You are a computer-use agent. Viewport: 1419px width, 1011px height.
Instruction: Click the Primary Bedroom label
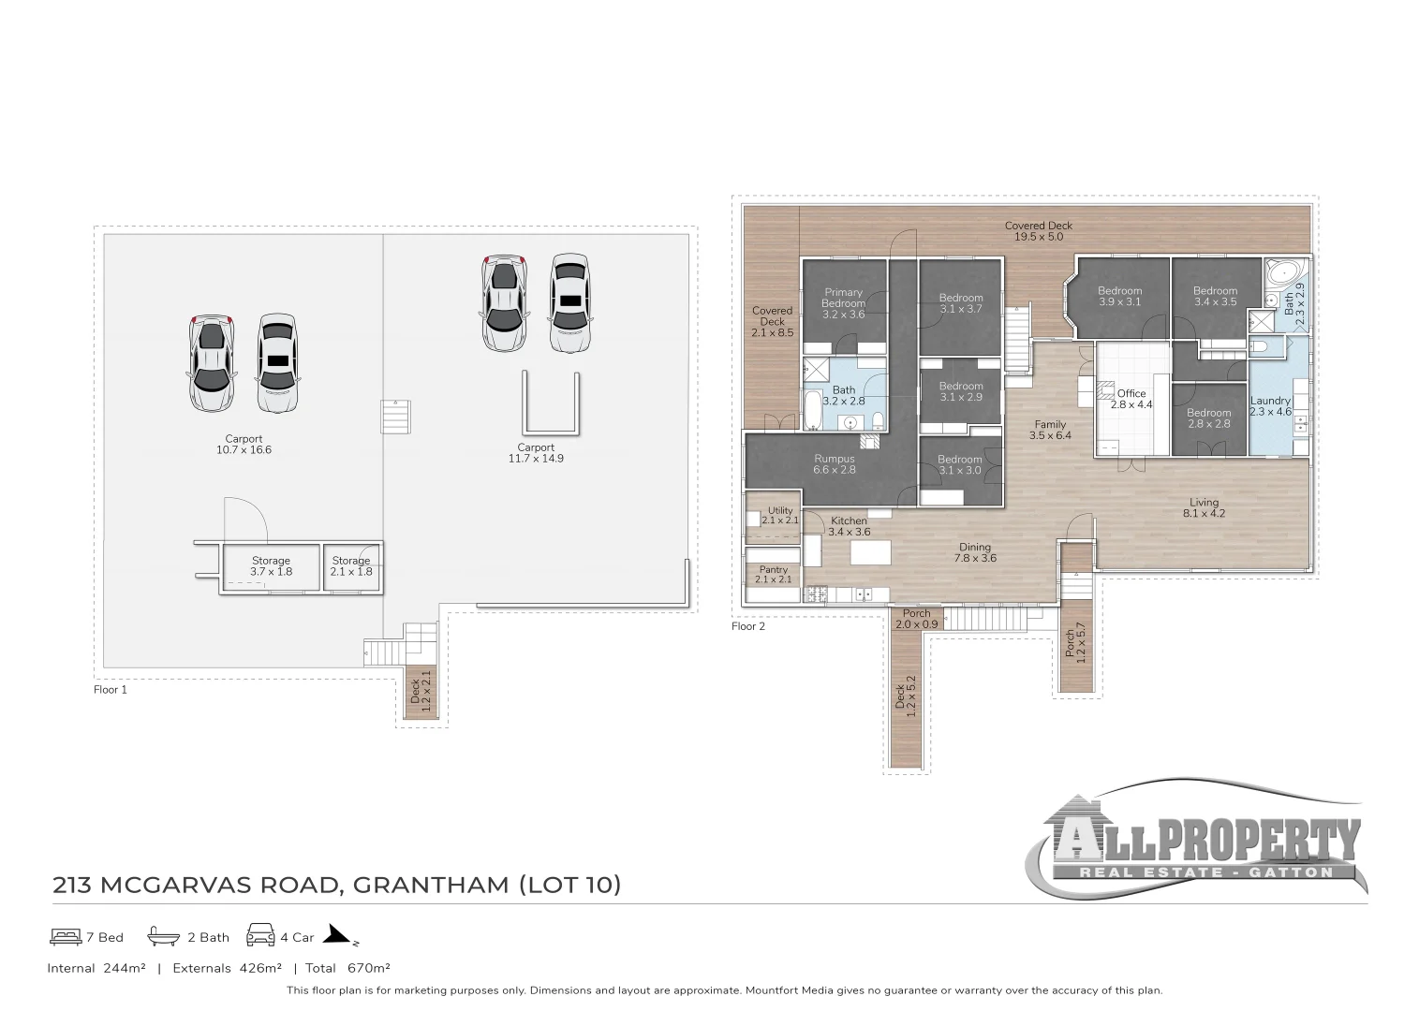843,298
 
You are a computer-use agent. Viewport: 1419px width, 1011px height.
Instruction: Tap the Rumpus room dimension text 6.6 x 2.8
834,470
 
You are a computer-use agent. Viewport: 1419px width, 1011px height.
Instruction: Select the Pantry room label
774,569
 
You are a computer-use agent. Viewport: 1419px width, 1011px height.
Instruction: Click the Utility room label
779,510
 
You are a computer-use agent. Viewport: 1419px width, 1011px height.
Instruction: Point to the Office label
1131,393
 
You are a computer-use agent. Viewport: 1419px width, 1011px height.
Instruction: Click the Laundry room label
1270,401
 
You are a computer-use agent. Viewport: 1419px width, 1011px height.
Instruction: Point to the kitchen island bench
871,553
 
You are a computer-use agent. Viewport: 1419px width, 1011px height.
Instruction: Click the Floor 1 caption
111,690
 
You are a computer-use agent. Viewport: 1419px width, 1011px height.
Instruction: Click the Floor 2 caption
748,626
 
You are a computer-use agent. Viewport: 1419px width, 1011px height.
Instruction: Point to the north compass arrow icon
338,935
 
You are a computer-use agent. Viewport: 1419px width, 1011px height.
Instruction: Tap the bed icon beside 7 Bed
64,936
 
